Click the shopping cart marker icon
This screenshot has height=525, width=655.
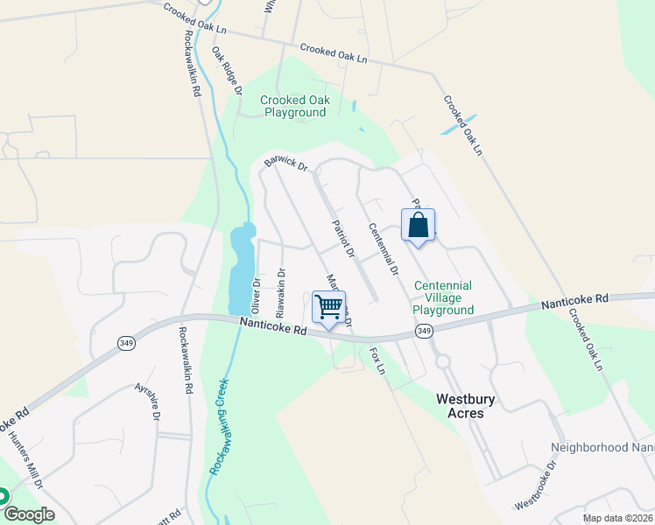point(328,307)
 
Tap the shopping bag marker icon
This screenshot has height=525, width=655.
point(419,225)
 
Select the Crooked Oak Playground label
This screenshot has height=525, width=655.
point(295,106)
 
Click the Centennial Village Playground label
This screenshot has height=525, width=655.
point(443,297)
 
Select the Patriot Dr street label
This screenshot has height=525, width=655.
point(342,239)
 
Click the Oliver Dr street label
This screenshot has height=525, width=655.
point(257,295)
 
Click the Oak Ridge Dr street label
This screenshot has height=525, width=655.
point(227,70)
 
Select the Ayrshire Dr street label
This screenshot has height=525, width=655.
point(148,402)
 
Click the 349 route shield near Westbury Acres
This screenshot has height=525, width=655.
point(425,331)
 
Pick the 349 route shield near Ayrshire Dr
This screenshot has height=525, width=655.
point(121,343)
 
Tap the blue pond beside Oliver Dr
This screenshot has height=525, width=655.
point(241,267)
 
